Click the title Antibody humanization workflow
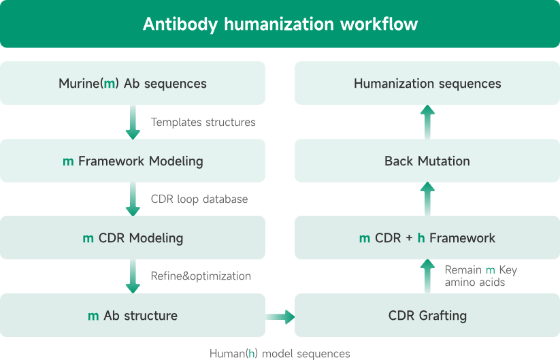pyautogui.click(x=280, y=24)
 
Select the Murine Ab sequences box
pyautogui.click(x=133, y=84)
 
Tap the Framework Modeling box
pyautogui.click(x=133, y=161)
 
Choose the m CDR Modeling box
pyautogui.click(x=133, y=238)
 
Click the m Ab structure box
pyautogui.click(x=133, y=316)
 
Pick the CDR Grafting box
pyautogui.click(x=427, y=316)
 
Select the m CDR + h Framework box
pyautogui.click(x=427, y=238)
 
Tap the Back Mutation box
pyautogui.click(x=427, y=161)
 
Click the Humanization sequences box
pyautogui.click(x=427, y=84)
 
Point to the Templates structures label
pyautogui.click(x=203, y=122)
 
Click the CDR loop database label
pyautogui.click(x=199, y=199)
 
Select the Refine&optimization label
pyautogui.click(x=201, y=276)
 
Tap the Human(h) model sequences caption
pyautogui.click(x=280, y=353)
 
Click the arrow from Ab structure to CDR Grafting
pyautogui.click(x=280, y=316)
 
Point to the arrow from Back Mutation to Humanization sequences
pyautogui.click(x=427, y=122)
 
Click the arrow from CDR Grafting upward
pyautogui.click(x=427, y=276)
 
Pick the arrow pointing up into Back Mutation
pyautogui.click(x=427, y=199)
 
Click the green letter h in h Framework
pyautogui.click(x=421, y=238)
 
